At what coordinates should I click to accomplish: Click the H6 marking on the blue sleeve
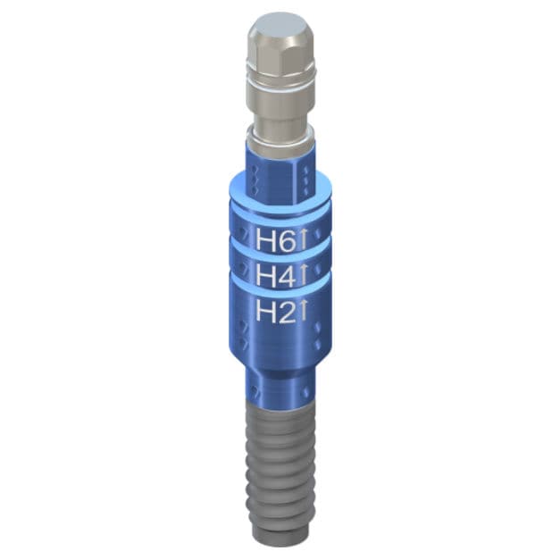pos(276,239)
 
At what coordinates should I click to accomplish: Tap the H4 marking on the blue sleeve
pos(276,275)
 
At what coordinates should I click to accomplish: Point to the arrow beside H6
pos(303,238)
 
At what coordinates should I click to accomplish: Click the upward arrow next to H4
pos(303,274)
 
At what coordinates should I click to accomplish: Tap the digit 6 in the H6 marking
pos(286,239)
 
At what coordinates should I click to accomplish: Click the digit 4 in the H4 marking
pos(286,275)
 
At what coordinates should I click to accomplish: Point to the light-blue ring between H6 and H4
pos(279,257)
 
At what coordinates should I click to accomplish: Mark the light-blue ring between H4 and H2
pos(279,293)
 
